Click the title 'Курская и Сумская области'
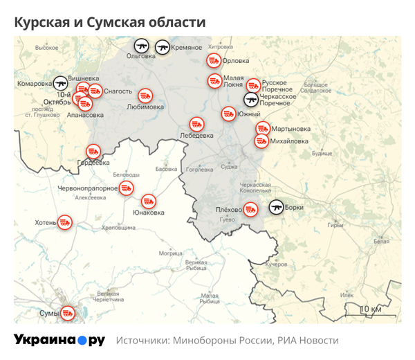110,22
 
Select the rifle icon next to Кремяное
163,46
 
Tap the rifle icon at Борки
276,207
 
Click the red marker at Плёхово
251,208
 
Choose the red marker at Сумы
68,313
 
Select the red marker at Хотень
64,222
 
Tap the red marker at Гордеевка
93,151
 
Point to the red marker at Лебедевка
196,125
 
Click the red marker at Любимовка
145,96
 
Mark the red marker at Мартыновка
263,128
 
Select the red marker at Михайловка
261,141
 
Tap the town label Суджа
229,166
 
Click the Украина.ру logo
59,341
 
